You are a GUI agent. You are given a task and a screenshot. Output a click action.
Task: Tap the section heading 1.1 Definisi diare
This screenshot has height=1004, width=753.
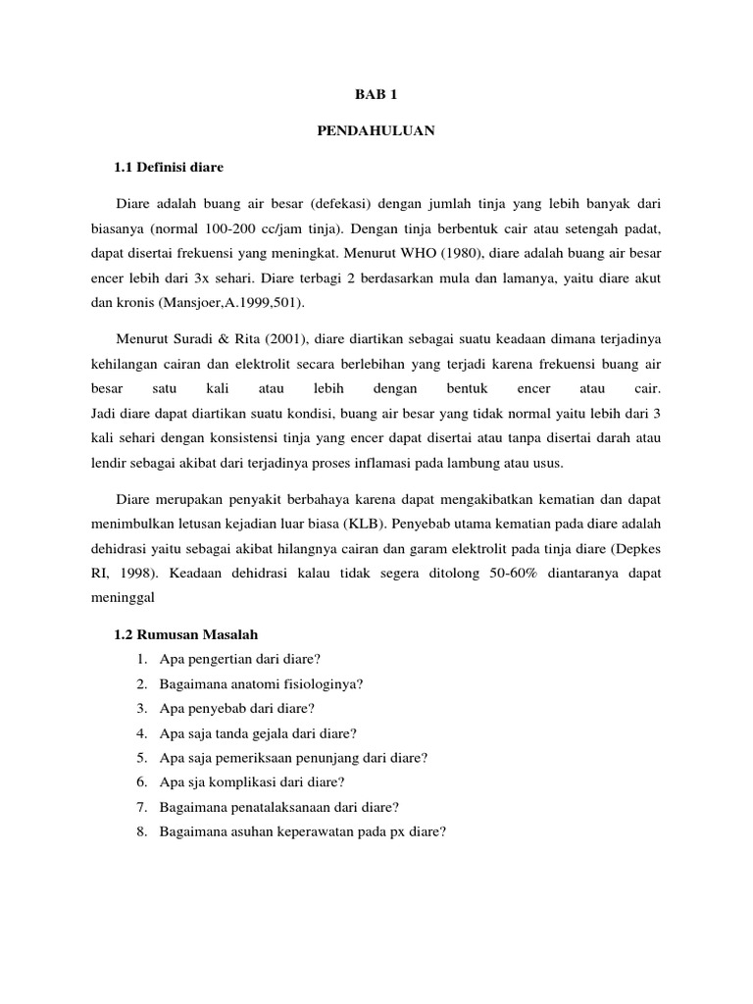(169, 168)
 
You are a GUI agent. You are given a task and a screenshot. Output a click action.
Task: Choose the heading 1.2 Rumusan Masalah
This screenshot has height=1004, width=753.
(185, 633)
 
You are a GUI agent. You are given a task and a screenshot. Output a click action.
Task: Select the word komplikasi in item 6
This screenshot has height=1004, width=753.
(258, 781)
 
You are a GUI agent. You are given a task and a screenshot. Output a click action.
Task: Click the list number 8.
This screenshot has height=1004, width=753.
(142, 831)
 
